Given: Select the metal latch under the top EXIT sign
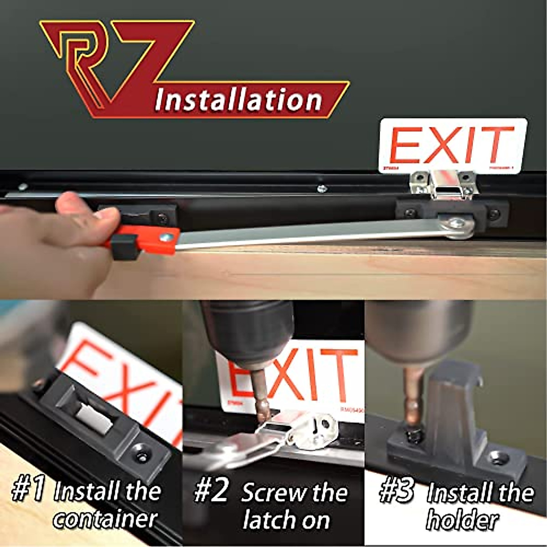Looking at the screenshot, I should pos(441,184).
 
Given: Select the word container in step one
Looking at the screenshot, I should pos(105,519).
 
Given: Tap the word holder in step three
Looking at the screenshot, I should pos(462,520).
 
